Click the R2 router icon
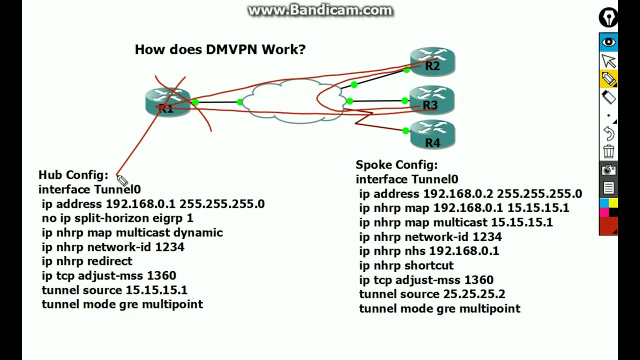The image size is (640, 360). point(432,61)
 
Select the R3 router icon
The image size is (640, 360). point(431,100)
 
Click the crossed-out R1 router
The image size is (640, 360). point(167,102)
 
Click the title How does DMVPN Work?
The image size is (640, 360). point(220,49)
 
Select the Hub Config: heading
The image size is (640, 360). point(73,175)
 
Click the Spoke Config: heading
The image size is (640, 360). point(396,165)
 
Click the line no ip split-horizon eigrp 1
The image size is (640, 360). point(117,218)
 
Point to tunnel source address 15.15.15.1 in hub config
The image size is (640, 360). point(156,290)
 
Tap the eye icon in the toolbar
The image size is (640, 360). point(608,42)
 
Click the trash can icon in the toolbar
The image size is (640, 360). point(608,151)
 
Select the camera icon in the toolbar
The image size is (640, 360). point(608,170)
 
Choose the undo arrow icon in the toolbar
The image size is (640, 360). point(608,133)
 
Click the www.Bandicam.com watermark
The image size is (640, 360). point(320,10)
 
